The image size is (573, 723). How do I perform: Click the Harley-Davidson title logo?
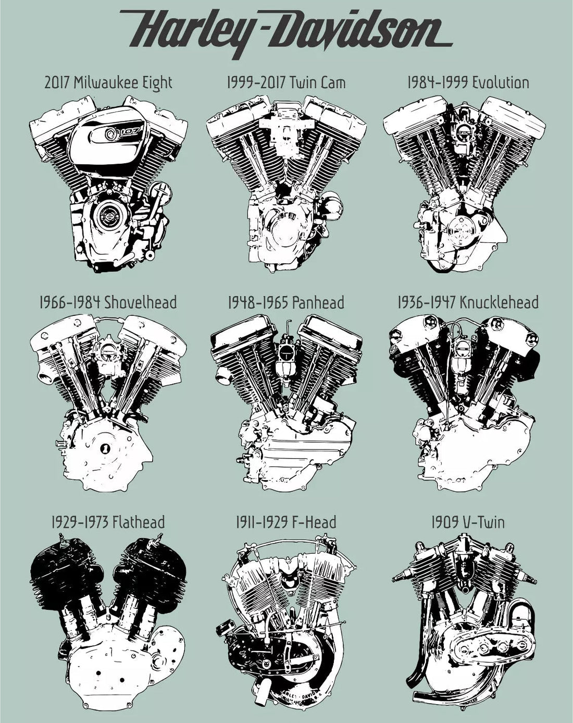(286, 33)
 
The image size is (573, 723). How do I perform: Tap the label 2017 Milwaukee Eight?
(108, 83)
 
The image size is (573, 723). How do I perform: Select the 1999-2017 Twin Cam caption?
(286, 82)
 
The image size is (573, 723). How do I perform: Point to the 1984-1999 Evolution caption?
(468, 82)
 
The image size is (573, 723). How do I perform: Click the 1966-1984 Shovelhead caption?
(108, 302)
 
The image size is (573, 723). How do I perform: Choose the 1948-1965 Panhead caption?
(286, 302)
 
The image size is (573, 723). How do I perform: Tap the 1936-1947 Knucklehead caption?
(468, 302)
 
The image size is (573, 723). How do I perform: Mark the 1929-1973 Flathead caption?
(108, 522)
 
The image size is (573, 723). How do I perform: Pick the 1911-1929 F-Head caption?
(286, 522)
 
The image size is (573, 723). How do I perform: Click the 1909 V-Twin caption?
(468, 522)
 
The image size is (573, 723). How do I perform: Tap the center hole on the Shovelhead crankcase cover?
(106, 448)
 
